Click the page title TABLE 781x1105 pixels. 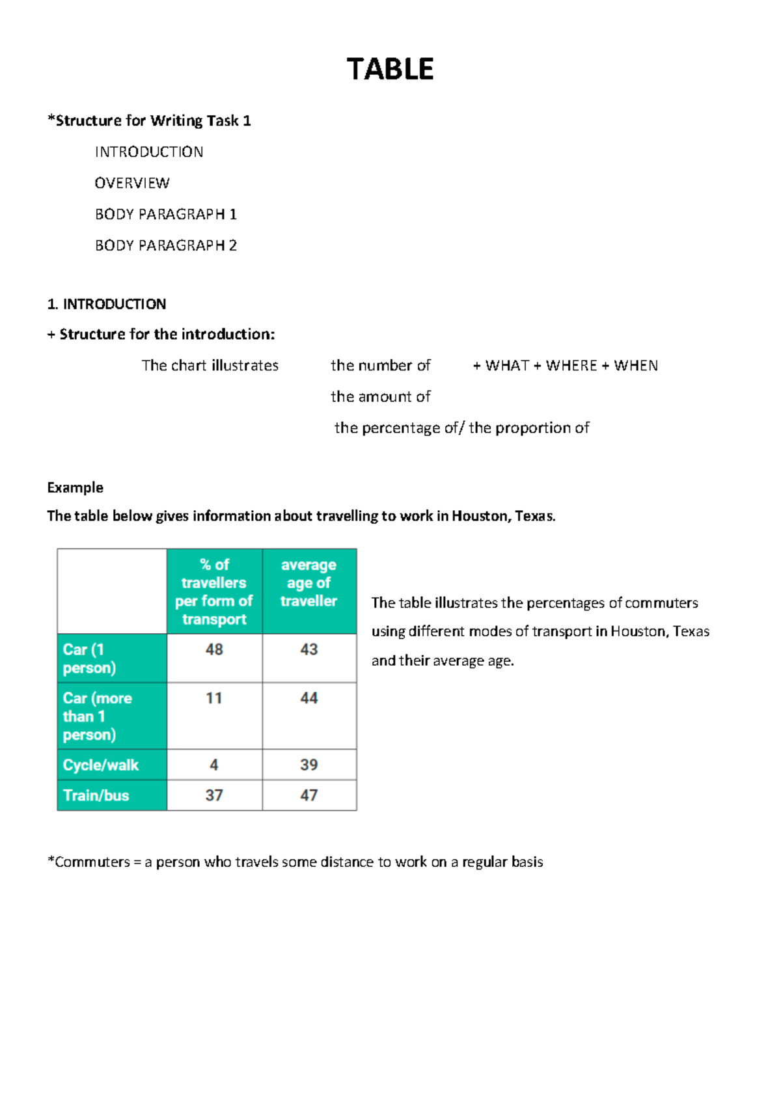[x=390, y=69]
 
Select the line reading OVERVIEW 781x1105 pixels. [x=132, y=183]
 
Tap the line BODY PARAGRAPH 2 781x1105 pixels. [x=166, y=245]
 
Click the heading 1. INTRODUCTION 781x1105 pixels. [x=107, y=304]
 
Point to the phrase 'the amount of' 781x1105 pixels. [x=380, y=396]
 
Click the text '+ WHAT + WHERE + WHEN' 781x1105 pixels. [x=565, y=365]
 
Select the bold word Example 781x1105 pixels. [x=75, y=487]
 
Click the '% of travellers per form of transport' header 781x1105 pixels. [x=214, y=592]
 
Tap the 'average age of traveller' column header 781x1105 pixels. [x=308, y=583]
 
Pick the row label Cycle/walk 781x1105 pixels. [x=101, y=765]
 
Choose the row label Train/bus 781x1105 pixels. [x=96, y=795]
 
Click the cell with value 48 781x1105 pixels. [x=214, y=649]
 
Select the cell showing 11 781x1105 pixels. [x=214, y=698]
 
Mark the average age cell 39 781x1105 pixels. [x=308, y=765]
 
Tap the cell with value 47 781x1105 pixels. [x=308, y=795]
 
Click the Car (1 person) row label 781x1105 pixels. [x=89, y=659]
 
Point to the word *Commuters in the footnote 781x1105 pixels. [x=89, y=862]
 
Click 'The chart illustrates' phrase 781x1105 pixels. [x=210, y=365]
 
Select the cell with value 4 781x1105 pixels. [x=214, y=765]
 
